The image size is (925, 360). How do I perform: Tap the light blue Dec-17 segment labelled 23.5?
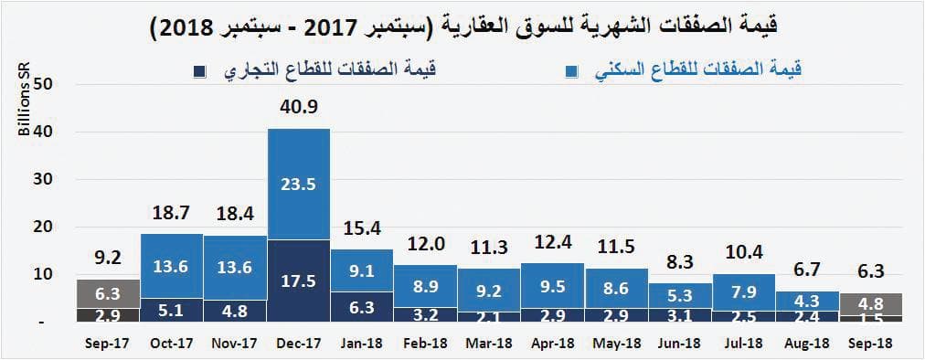tap(299, 184)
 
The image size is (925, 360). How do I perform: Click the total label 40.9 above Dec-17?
tap(299, 108)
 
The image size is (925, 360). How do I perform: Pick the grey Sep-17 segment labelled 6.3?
tap(108, 293)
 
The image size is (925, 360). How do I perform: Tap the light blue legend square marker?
tap(571, 71)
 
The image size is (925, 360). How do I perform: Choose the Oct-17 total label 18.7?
tap(172, 214)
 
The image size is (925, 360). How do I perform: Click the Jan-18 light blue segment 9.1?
tap(362, 270)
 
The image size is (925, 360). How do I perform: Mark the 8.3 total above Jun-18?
tap(680, 262)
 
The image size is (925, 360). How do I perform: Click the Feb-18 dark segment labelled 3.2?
tap(426, 314)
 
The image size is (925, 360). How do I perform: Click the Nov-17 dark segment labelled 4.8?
tap(235, 311)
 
